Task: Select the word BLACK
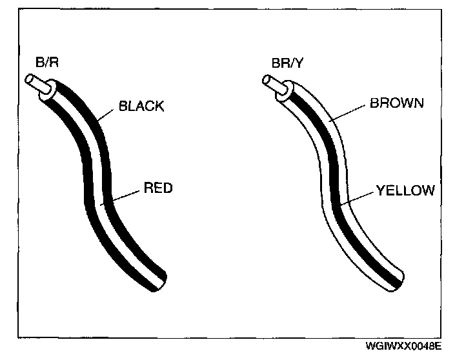[141, 107]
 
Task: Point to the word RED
[157, 189]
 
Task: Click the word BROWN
[396, 103]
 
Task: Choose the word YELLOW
[405, 190]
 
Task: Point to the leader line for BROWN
[349, 111]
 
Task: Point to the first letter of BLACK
[122, 107]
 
